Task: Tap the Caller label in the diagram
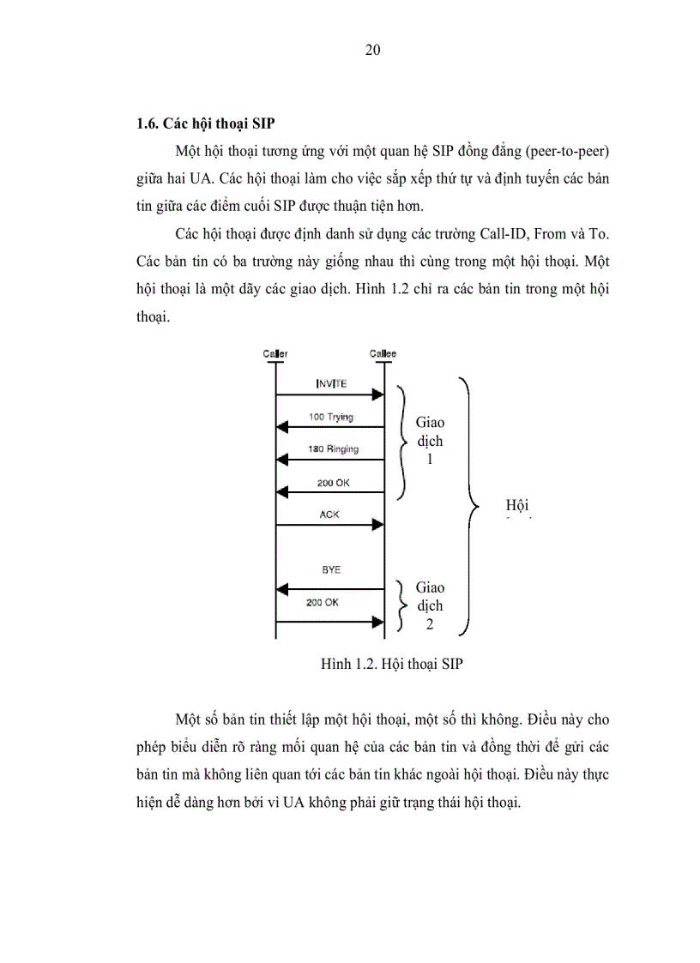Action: [275, 353]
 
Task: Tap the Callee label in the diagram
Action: [383, 353]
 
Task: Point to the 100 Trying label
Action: [331, 417]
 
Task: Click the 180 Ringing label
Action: [334, 449]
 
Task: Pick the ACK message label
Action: [329, 515]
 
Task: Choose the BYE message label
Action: [329, 569]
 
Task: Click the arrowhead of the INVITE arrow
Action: [377, 394]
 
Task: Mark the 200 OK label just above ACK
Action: [333, 483]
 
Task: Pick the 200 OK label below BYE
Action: [322, 602]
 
